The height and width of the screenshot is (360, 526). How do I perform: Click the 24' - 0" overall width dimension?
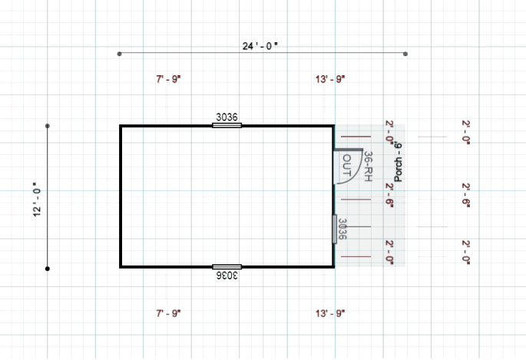click(x=260, y=46)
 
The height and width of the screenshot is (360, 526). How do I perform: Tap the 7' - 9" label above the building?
click(x=168, y=79)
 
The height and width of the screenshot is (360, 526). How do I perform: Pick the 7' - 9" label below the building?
click(x=168, y=313)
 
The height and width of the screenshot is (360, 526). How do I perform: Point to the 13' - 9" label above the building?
click(x=331, y=79)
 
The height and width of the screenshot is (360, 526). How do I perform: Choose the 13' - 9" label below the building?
click(x=331, y=313)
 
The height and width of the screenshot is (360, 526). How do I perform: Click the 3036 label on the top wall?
click(x=227, y=117)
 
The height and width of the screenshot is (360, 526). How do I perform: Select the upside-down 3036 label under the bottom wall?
click(x=227, y=275)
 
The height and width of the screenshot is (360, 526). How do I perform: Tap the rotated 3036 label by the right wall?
click(x=343, y=229)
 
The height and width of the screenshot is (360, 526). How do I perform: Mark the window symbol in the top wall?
click(x=227, y=125)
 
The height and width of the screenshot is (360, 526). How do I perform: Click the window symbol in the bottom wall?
click(x=227, y=266)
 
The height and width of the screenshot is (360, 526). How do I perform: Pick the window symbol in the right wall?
click(x=334, y=229)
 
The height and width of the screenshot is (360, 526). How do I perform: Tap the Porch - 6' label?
click(x=399, y=161)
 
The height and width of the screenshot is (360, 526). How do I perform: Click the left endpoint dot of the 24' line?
click(x=119, y=54)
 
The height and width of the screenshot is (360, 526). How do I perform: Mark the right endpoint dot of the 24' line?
click(x=405, y=54)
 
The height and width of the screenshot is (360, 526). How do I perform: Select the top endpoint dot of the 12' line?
click(x=48, y=125)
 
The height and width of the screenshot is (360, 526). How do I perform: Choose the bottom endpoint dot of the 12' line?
click(x=48, y=269)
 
